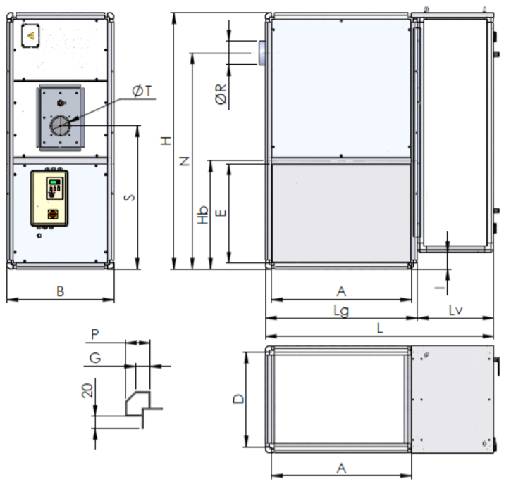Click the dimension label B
click(61, 291)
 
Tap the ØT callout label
click(142, 91)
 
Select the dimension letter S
click(130, 198)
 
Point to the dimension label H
click(166, 141)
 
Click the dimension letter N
click(185, 161)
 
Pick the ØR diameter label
click(221, 94)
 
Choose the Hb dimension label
click(203, 215)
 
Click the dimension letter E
click(221, 213)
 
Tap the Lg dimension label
click(341, 311)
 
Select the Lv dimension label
click(455, 310)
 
